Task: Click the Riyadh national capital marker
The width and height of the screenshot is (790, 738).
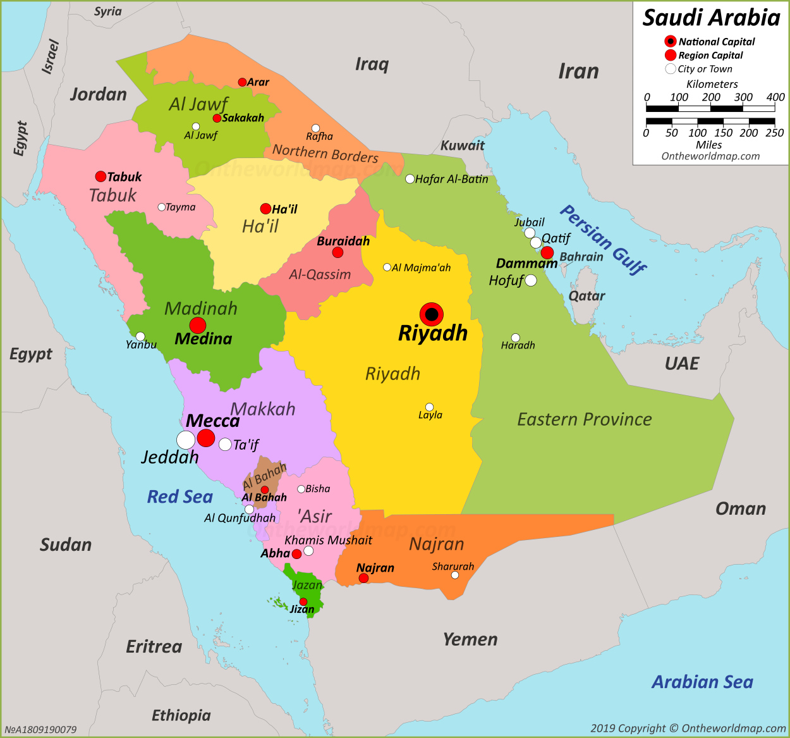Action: click(x=432, y=314)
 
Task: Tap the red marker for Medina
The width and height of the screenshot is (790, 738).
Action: click(x=198, y=326)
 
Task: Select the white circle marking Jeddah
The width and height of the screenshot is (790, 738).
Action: click(x=186, y=440)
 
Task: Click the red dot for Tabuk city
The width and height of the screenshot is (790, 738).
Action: click(x=100, y=176)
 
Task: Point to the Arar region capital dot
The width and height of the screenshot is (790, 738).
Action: click(x=242, y=82)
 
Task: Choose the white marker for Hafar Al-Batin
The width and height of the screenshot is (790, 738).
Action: click(x=410, y=179)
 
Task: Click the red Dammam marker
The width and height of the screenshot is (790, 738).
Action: click(x=547, y=253)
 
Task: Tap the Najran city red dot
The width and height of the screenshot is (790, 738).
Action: click(x=363, y=578)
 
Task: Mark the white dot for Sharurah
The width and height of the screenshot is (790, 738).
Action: click(x=454, y=575)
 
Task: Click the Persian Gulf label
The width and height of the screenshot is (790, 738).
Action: click(x=603, y=239)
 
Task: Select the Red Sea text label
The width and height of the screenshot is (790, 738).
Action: click(x=180, y=497)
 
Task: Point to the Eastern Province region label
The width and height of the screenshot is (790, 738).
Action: click(x=585, y=419)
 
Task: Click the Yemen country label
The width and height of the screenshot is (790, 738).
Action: click(x=470, y=639)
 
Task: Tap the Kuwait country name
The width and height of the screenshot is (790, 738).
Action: click(x=463, y=145)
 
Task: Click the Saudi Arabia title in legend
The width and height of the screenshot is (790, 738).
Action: click(x=712, y=18)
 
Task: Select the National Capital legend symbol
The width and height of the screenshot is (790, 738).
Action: click(x=671, y=42)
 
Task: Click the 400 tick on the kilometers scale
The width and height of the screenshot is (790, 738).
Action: click(x=775, y=97)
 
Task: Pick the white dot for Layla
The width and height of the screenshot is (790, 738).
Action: click(x=430, y=407)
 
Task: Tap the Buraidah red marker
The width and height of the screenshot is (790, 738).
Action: click(x=338, y=252)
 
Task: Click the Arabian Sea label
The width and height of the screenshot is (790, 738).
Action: click(x=702, y=682)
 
